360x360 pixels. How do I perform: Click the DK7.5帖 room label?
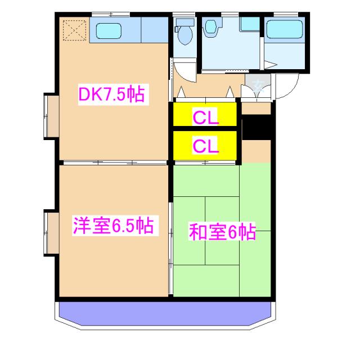point(111,94)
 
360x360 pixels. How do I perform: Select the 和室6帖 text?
point(222,231)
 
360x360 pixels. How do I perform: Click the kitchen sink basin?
point(109,30)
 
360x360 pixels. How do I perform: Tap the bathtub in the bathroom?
point(284,29)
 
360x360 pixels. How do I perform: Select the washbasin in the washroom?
point(210,28)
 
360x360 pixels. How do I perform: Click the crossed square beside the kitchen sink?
point(73,30)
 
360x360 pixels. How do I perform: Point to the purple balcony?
point(166,316)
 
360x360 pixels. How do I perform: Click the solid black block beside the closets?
point(256,128)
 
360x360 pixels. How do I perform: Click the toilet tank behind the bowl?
point(183,24)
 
